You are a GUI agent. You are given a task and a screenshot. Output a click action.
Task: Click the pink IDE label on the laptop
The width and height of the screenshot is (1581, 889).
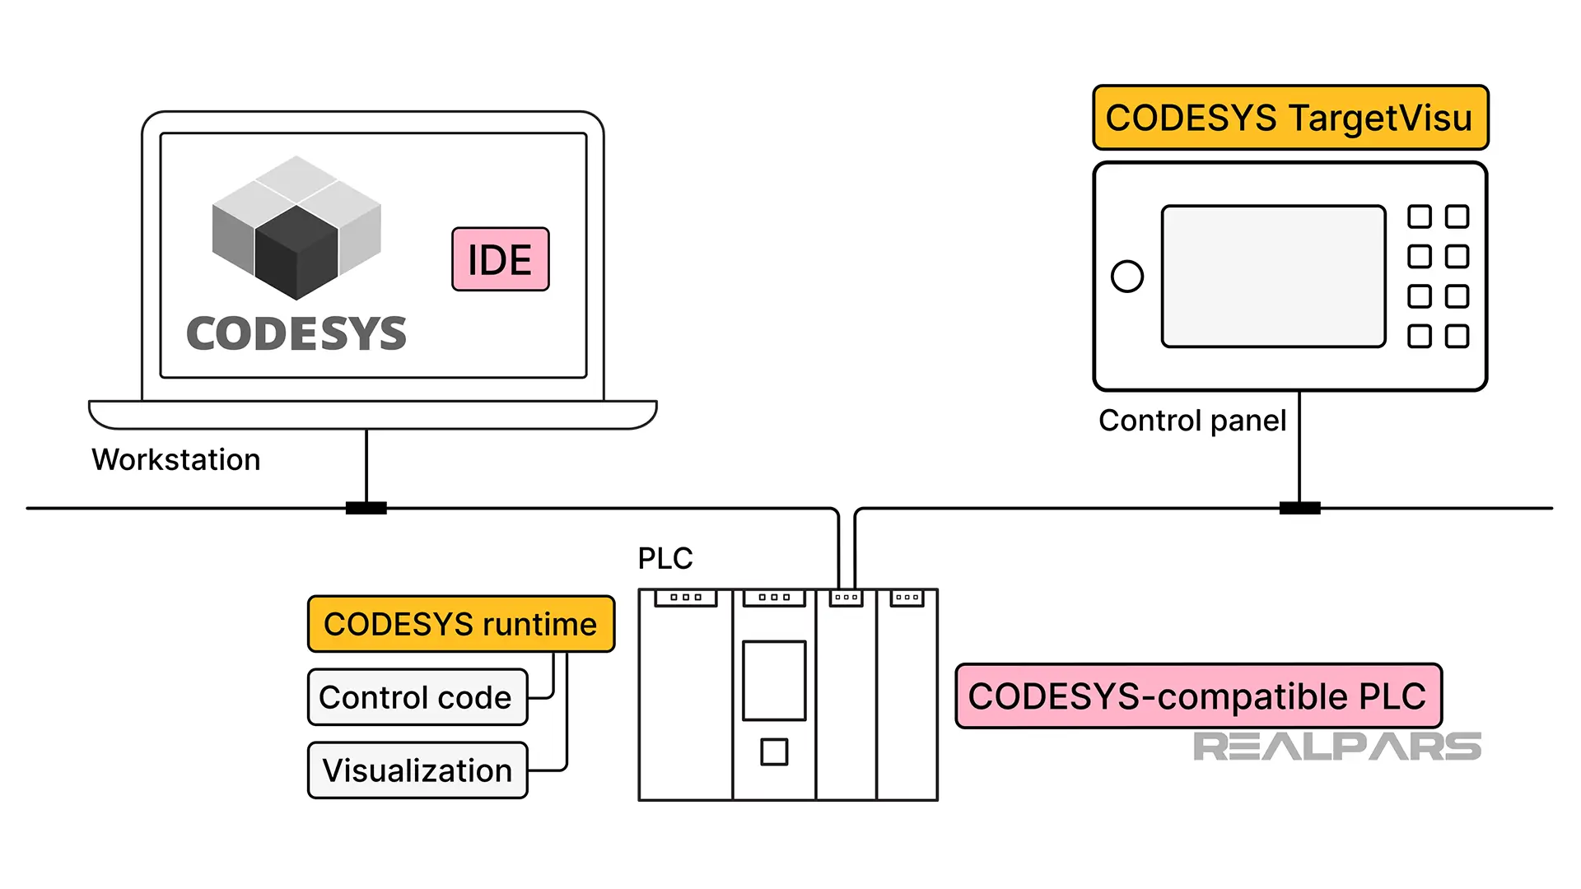pyautogui.click(x=500, y=259)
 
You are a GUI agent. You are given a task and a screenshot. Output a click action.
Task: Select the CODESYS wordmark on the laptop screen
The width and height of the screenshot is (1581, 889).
pyautogui.click(x=296, y=334)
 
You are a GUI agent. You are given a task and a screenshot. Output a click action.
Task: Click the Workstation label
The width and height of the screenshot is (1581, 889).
pyautogui.click(x=175, y=459)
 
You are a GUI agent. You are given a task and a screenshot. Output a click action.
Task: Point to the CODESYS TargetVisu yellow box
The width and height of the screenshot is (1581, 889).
pyautogui.click(x=1290, y=118)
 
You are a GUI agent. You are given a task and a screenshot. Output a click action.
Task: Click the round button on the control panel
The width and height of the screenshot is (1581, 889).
pyautogui.click(x=1126, y=276)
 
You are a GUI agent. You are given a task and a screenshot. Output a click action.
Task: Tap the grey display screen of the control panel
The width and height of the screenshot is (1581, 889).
pyautogui.click(x=1273, y=276)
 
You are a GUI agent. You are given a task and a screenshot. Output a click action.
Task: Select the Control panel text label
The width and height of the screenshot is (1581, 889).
pyautogui.click(x=1192, y=421)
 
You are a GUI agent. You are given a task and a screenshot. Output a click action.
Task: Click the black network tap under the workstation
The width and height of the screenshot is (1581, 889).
pyautogui.click(x=366, y=508)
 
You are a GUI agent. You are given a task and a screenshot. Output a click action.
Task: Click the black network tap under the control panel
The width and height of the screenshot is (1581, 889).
pyautogui.click(x=1299, y=508)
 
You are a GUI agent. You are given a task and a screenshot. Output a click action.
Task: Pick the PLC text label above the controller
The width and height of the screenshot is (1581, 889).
pyautogui.click(x=665, y=559)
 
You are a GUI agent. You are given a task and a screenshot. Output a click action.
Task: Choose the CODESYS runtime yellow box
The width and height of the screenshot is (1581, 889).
pyautogui.click(x=460, y=624)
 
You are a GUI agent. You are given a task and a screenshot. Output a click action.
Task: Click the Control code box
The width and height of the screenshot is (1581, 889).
pyautogui.click(x=417, y=697)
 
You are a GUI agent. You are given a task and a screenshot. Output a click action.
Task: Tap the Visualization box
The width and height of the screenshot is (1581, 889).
pyautogui.click(x=417, y=770)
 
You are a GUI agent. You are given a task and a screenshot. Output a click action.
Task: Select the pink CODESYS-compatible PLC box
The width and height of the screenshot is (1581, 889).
pyautogui.click(x=1197, y=696)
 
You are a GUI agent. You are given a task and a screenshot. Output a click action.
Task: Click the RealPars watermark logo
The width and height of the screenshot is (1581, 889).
pyautogui.click(x=1336, y=747)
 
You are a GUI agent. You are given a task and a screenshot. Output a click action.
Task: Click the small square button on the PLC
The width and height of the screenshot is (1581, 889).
pyautogui.click(x=773, y=752)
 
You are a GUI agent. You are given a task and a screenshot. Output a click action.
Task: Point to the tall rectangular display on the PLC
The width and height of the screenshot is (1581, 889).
pyautogui.click(x=773, y=681)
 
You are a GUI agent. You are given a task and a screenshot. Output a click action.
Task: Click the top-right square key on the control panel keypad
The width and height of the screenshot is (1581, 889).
pyautogui.click(x=1457, y=216)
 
